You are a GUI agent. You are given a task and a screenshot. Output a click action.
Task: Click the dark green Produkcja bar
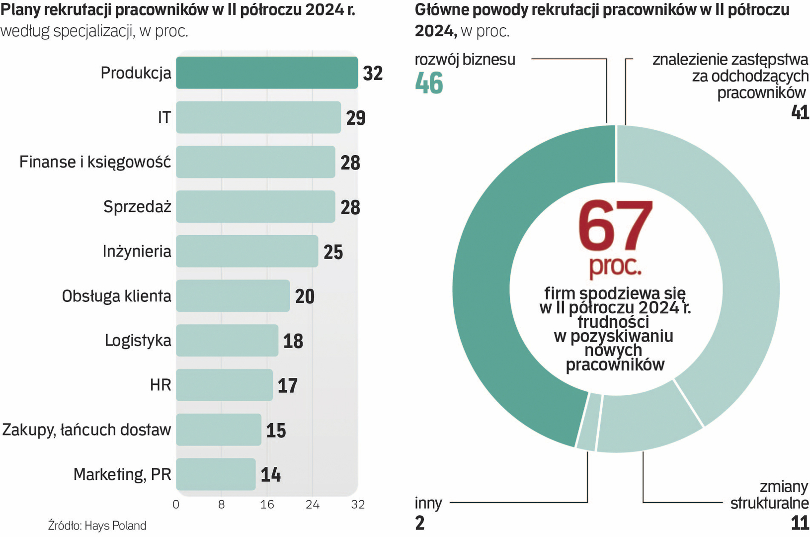point(267,73)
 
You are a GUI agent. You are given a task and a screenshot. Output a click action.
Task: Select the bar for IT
point(258,117)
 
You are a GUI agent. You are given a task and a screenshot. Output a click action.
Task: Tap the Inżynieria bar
point(247,251)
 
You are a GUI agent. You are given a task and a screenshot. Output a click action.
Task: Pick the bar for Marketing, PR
point(216,474)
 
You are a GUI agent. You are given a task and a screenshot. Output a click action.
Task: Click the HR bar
point(224,385)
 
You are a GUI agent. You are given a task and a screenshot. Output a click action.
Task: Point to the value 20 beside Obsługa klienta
point(305,296)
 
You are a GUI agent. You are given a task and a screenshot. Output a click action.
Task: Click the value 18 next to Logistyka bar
point(293,341)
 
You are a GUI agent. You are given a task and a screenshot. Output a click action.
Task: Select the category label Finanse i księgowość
point(95,162)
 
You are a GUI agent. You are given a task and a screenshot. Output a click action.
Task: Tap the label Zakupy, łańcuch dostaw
point(86,430)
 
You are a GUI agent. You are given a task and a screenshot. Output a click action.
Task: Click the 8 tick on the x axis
point(222,505)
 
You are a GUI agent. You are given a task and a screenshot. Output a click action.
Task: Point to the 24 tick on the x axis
point(313,505)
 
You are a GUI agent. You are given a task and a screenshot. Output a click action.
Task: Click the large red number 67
point(615,226)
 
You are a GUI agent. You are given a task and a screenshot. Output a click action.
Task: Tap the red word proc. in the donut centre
point(615,266)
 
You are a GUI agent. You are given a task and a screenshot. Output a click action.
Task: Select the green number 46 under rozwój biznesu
point(429,83)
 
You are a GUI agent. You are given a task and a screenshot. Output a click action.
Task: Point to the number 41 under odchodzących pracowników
point(800,112)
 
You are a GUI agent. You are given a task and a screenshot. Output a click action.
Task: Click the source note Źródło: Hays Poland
point(97,526)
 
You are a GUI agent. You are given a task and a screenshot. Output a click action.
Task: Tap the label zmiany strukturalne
point(769,494)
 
